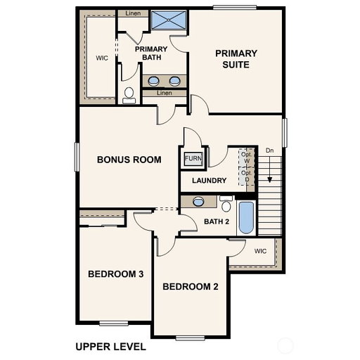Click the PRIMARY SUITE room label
click(x=236, y=59)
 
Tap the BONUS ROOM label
click(x=129, y=160)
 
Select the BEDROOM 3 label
click(x=116, y=274)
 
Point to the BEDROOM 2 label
click(x=191, y=286)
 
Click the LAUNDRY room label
click(x=210, y=180)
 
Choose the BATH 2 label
click(x=217, y=221)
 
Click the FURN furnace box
click(x=193, y=158)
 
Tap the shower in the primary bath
click(x=169, y=20)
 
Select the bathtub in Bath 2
click(x=246, y=218)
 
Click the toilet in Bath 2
click(x=226, y=204)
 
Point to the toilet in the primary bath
click(x=129, y=96)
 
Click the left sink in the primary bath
click(x=154, y=81)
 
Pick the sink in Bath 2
click(x=198, y=202)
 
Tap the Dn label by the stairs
click(x=269, y=150)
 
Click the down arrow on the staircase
click(x=270, y=169)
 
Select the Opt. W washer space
click(x=246, y=157)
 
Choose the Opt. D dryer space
click(x=246, y=176)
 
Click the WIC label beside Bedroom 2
click(x=260, y=251)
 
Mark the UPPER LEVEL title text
click(x=110, y=347)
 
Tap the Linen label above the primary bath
click(x=133, y=13)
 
